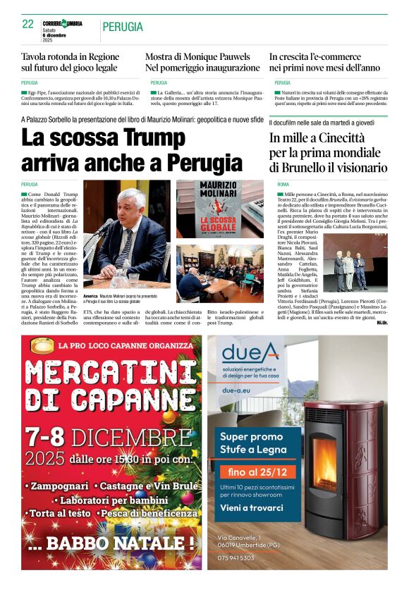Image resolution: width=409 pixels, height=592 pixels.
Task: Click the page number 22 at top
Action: (28, 24)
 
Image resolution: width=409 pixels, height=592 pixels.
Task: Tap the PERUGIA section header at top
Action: (123, 27)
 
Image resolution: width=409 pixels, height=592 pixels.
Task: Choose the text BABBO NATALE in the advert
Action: (126, 543)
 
